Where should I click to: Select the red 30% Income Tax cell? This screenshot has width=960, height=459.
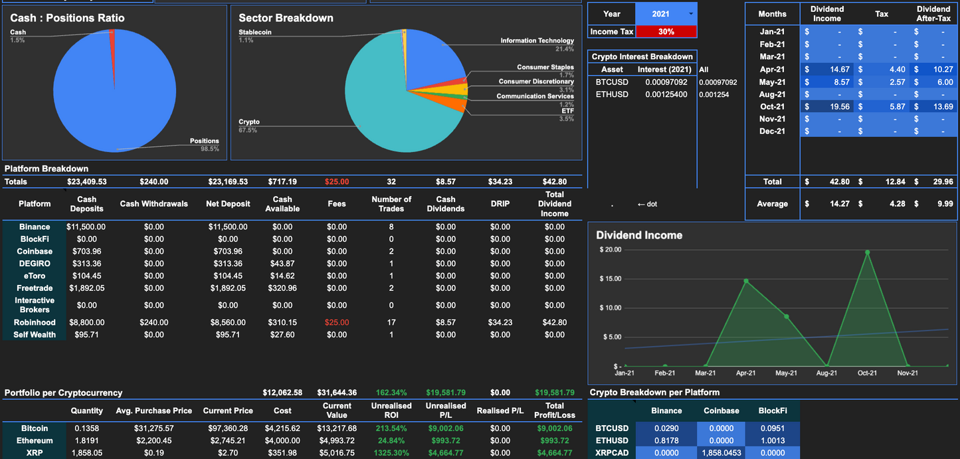(x=666, y=31)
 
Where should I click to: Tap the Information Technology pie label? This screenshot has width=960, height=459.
(x=537, y=41)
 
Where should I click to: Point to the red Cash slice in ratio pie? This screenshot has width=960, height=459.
(x=112, y=40)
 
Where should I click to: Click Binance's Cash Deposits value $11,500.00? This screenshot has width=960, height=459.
(x=86, y=227)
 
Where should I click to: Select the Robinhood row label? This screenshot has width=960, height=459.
(x=35, y=322)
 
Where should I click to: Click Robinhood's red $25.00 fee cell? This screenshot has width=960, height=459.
(x=336, y=322)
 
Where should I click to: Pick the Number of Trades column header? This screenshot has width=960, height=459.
(x=391, y=204)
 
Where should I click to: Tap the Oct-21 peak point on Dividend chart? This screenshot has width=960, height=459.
(x=867, y=252)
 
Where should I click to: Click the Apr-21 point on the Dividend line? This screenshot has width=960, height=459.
(x=746, y=281)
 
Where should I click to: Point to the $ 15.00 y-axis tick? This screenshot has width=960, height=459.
(x=610, y=278)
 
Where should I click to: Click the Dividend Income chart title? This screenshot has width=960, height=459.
(x=638, y=235)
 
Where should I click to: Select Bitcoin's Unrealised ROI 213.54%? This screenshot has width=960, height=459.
(x=391, y=428)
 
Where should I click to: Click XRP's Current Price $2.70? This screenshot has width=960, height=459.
(x=228, y=453)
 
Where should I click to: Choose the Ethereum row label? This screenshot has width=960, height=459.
(x=35, y=440)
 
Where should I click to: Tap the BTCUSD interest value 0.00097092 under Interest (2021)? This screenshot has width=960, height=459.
(x=666, y=82)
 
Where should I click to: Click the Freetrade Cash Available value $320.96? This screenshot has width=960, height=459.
(x=282, y=288)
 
